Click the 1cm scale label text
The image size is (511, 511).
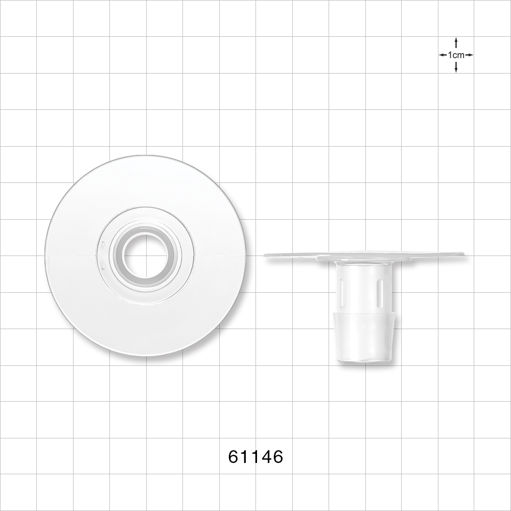pos(456,55)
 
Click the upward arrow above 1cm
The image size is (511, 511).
pos(456,42)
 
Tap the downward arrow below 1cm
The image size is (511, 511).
pos(456,67)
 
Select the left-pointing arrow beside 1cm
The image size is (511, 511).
pos(443,55)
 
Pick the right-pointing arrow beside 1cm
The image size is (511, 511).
pos(469,55)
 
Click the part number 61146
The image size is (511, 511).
pos(255,457)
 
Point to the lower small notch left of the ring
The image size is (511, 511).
pos(103,266)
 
